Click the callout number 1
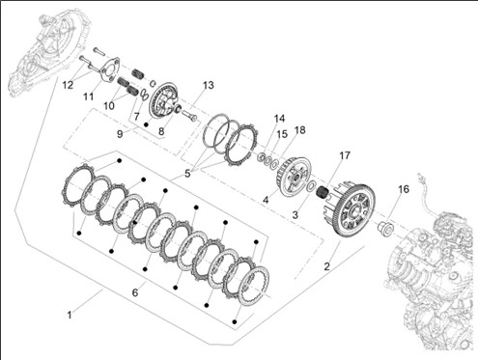(70, 315)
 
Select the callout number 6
(135, 292)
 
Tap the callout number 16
(404, 189)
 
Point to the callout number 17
(345, 155)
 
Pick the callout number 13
(209, 85)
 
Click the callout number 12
(68, 85)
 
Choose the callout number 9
(120, 134)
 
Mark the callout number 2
(326, 266)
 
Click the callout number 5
(187, 174)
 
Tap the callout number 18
(299, 130)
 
